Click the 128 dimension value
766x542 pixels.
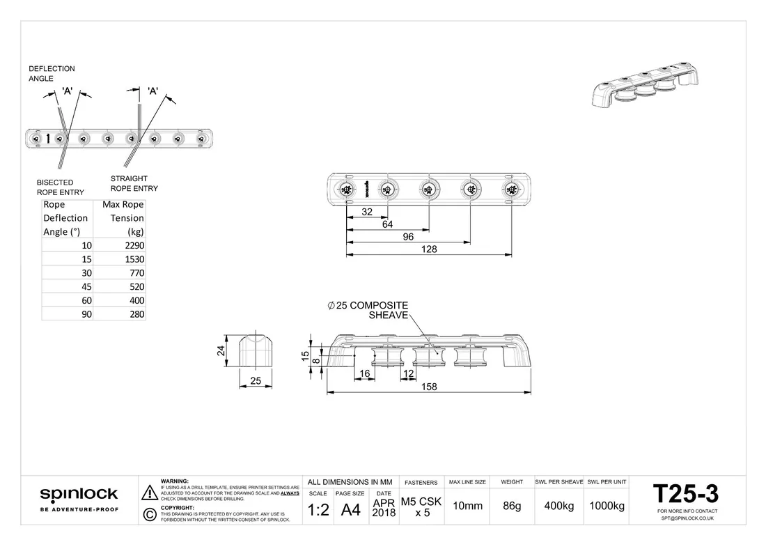[429, 249]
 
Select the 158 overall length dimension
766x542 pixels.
[429, 387]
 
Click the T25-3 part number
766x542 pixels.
[686, 494]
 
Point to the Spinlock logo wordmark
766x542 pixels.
[79, 495]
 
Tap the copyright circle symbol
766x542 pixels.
[148, 515]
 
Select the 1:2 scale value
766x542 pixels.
[318, 510]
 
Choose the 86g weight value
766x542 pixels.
[512, 506]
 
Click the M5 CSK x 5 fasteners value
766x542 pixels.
[421, 506]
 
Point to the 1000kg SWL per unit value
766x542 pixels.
[607, 506]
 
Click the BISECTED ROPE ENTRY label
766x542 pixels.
[60, 187]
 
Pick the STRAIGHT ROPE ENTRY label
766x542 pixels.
[134, 183]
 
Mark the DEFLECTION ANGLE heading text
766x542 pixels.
[52, 74]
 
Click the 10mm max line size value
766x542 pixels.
[467, 506]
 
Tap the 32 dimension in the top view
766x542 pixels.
[368, 212]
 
